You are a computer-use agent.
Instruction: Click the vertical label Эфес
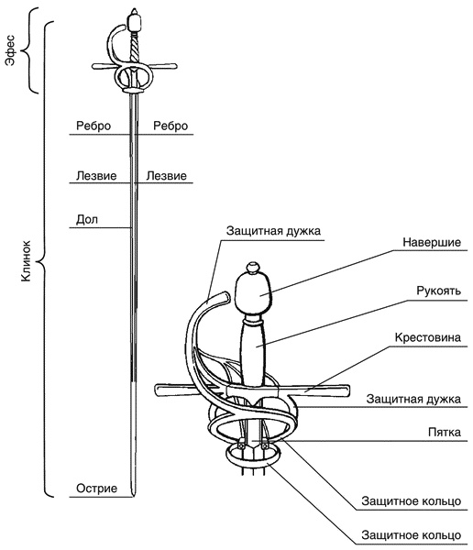click(x=11, y=50)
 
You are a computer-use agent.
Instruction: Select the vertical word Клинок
click(x=26, y=260)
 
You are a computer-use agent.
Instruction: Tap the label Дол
click(x=87, y=220)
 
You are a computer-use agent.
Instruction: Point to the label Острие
click(x=96, y=489)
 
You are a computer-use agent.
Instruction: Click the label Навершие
click(x=432, y=242)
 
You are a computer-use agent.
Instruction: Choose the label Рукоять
click(x=438, y=291)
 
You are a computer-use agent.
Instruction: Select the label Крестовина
click(x=428, y=337)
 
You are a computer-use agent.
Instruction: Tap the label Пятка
click(x=445, y=432)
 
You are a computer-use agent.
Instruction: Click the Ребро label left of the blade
click(x=93, y=126)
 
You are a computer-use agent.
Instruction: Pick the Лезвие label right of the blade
click(x=166, y=175)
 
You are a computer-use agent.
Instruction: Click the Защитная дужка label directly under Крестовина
click(x=413, y=399)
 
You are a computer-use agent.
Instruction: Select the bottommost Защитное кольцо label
click(x=412, y=535)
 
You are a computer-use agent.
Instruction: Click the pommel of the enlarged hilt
click(x=253, y=293)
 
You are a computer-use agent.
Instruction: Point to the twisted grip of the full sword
click(x=135, y=49)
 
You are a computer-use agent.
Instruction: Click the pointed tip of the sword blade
click(x=134, y=496)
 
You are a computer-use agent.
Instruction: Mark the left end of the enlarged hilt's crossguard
click(x=156, y=390)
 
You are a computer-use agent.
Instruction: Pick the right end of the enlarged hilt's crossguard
click(x=348, y=390)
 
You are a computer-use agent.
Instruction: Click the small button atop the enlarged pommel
click(x=253, y=268)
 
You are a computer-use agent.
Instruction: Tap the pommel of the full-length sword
click(x=135, y=22)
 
